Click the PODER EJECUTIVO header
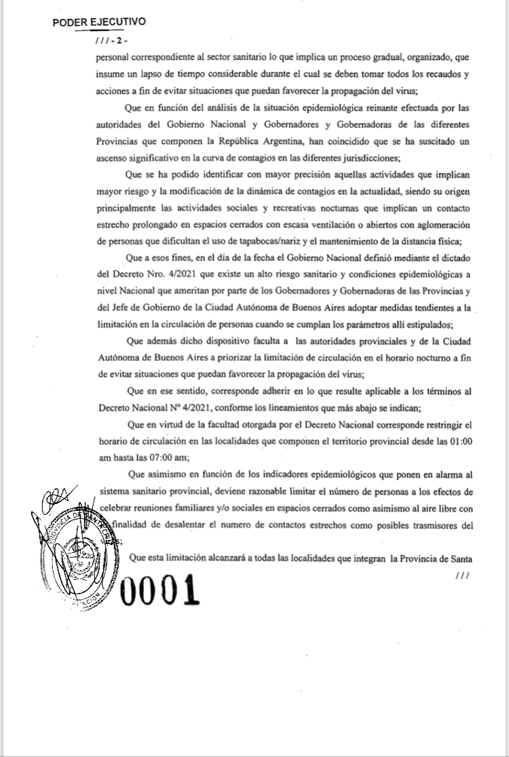pyautogui.click(x=99, y=21)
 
